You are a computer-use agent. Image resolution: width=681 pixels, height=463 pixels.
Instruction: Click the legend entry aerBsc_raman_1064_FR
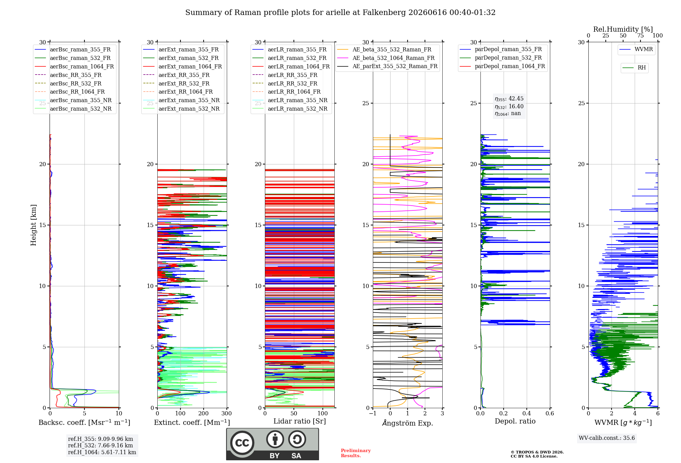pyautogui.click(x=82, y=66)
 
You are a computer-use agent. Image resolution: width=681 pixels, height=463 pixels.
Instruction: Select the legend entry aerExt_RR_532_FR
pyautogui.click(x=184, y=83)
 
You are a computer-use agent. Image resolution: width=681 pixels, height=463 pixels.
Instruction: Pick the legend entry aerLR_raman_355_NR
pyautogui.click(x=298, y=100)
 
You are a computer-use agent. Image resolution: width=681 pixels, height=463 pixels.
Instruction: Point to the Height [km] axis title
pyautogui.click(x=33, y=225)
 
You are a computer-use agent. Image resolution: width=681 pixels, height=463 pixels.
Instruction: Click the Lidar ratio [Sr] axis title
pyautogui.click(x=300, y=421)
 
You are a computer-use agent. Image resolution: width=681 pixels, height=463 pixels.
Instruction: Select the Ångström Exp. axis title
pyautogui.click(x=408, y=423)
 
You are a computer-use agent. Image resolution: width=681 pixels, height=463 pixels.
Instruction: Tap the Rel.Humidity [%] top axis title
pyautogui.click(x=623, y=29)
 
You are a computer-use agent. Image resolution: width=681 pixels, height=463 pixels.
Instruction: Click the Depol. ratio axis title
pyautogui.click(x=515, y=421)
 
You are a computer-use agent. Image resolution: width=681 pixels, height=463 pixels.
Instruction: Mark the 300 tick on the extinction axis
pyautogui.click(x=226, y=413)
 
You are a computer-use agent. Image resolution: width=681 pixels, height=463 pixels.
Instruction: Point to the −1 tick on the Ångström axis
pyautogui.click(x=373, y=413)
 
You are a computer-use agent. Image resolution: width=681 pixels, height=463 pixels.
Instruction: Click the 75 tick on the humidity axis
pyautogui.click(x=640, y=35)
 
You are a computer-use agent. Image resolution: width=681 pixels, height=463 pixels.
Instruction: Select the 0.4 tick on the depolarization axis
pyautogui.click(x=526, y=413)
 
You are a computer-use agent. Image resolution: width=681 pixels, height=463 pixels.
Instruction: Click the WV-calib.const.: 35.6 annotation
pyautogui.click(x=607, y=438)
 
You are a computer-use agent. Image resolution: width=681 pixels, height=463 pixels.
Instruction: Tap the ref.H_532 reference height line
pyautogui.click(x=100, y=445)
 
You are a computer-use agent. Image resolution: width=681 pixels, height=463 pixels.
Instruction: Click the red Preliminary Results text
pyautogui.click(x=356, y=453)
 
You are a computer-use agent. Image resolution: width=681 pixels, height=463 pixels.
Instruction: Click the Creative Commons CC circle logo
pyautogui.click(x=242, y=443)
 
